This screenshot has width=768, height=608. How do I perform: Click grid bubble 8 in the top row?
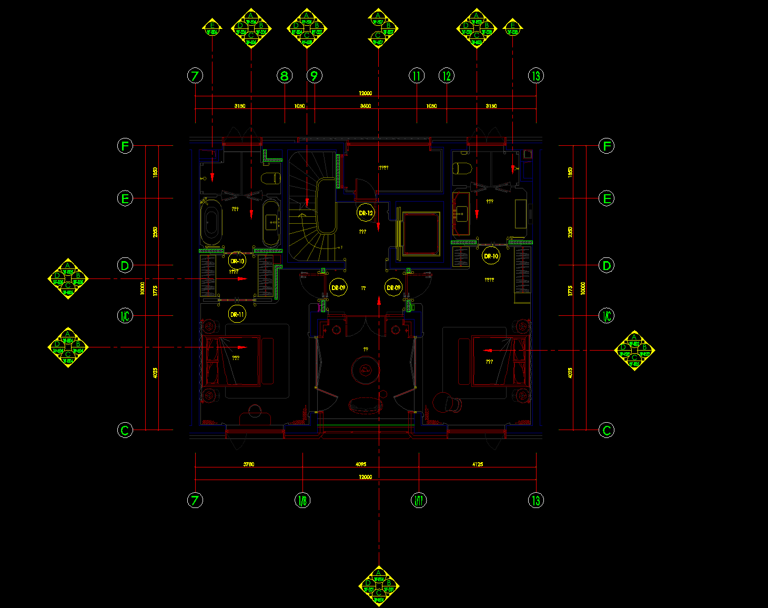click(285, 76)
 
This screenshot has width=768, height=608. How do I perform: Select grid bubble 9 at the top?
click(315, 76)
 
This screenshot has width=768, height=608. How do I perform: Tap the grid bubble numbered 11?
click(417, 76)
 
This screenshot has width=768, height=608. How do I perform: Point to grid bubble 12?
click(447, 76)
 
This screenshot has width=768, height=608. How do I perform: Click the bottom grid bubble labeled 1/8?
click(302, 500)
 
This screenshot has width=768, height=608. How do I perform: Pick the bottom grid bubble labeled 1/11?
click(419, 500)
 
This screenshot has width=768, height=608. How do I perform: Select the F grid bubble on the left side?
click(125, 146)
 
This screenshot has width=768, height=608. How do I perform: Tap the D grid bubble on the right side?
click(607, 265)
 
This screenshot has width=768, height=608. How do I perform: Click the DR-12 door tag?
click(366, 213)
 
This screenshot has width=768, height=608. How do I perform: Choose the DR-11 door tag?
click(237, 315)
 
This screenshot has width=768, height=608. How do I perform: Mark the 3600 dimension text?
click(365, 106)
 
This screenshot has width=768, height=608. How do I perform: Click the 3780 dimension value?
click(248, 464)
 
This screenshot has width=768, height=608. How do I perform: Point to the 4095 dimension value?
click(361, 464)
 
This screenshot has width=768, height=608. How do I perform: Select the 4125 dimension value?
click(477, 464)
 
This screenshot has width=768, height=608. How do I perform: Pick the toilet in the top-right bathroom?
click(463, 168)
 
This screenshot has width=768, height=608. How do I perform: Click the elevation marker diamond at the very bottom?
click(379, 585)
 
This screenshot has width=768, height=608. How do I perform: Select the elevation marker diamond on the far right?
click(634, 351)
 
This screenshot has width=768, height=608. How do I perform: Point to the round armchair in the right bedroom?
click(445, 402)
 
